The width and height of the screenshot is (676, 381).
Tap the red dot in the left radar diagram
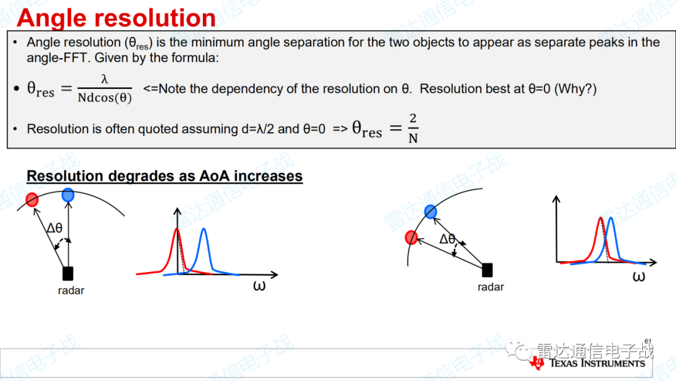pyautogui.click(x=32, y=200)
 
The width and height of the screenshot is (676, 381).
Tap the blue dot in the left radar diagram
pyautogui.click(x=68, y=195)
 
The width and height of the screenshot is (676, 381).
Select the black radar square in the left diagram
pyautogui.click(x=68, y=274)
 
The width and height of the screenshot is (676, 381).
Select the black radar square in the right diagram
pyautogui.click(x=487, y=270)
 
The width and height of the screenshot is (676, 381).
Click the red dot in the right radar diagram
pyautogui.click(x=411, y=237)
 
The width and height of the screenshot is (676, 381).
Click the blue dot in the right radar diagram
pyautogui.click(x=430, y=211)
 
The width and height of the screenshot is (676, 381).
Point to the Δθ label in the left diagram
pyautogui.click(x=54, y=228)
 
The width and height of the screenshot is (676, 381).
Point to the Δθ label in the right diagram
pyautogui.click(x=447, y=239)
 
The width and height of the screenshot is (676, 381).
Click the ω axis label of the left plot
pyautogui.click(x=259, y=286)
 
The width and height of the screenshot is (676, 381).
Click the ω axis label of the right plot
pyautogui.click(x=639, y=276)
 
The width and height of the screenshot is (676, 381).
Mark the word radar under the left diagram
pyautogui.click(x=71, y=290)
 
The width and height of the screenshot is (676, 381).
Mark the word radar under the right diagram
pyautogui.click(x=491, y=287)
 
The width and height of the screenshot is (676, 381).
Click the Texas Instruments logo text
pyautogui.click(x=597, y=363)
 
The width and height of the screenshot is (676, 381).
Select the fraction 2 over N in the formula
pyautogui.click(x=413, y=128)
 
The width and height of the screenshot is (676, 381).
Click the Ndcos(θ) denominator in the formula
pyautogui.click(x=105, y=98)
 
